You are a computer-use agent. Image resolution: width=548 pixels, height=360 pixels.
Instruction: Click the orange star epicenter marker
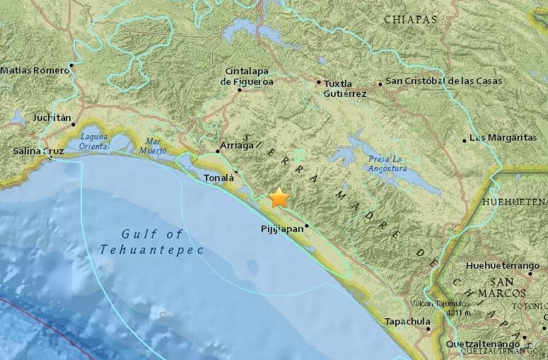pyautogui.click(x=279, y=197)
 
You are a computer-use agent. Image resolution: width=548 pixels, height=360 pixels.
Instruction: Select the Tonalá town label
pyautogui.click(x=218, y=178)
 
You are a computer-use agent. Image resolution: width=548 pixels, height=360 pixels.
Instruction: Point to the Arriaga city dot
pyautogui.click(x=218, y=151)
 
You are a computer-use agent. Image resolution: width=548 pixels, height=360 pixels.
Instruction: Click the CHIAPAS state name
pyautogui.click(x=411, y=20)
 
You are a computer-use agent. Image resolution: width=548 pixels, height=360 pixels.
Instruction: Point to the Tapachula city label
pyautogui.click(x=407, y=322)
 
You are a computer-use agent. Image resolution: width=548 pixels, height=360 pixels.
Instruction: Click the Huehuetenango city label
pyautogui.click(x=503, y=266)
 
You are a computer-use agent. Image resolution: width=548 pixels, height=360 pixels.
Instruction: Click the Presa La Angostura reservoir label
pyautogui.click(x=387, y=163)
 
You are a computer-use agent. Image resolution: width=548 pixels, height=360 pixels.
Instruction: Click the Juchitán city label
pyautogui.click(x=52, y=118)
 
